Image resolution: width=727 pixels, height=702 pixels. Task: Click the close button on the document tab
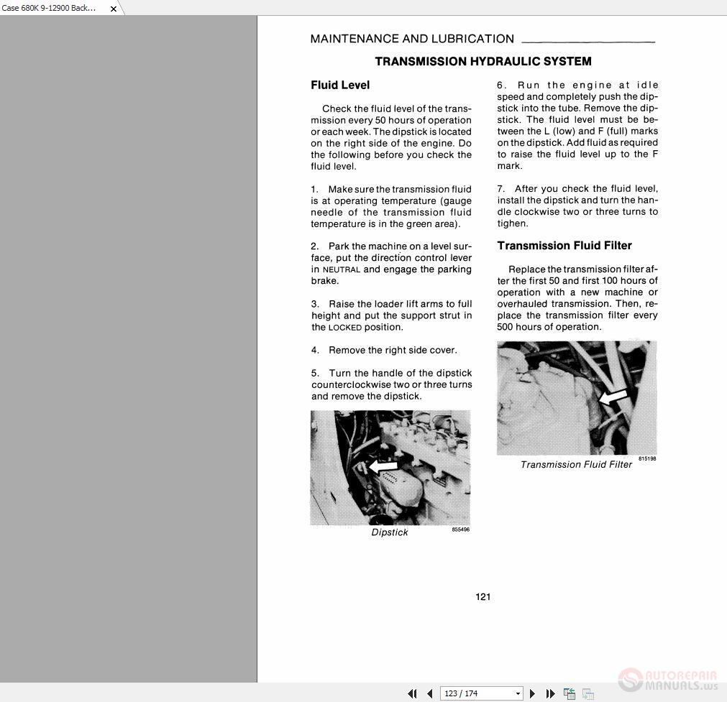[113, 9]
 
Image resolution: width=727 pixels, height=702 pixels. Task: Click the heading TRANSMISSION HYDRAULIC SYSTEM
[483, 62]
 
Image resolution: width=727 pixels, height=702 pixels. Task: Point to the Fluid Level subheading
[340, 86]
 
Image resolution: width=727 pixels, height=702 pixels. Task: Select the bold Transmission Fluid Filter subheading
[564, 246]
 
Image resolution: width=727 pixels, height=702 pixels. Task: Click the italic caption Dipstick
[390, 532]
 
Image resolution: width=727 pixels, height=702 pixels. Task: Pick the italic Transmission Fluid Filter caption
[576, 465]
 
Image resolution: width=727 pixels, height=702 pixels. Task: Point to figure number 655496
[460, 530]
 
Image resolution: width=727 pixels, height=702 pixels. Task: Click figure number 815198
[647, 458]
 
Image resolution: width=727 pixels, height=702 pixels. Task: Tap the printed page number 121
[483, 597]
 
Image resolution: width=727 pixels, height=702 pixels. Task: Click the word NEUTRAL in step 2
[342, 270]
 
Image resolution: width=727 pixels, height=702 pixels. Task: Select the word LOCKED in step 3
[345, 328]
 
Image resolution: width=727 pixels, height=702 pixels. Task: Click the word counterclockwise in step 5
[350, 385]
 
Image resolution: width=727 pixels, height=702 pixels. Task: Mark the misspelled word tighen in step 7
[512, 223]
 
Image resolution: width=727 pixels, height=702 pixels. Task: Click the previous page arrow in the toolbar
[430, 693]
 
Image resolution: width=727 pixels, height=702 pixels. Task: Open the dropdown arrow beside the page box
[518, 693]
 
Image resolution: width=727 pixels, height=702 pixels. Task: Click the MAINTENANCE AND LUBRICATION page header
[412, 40]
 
